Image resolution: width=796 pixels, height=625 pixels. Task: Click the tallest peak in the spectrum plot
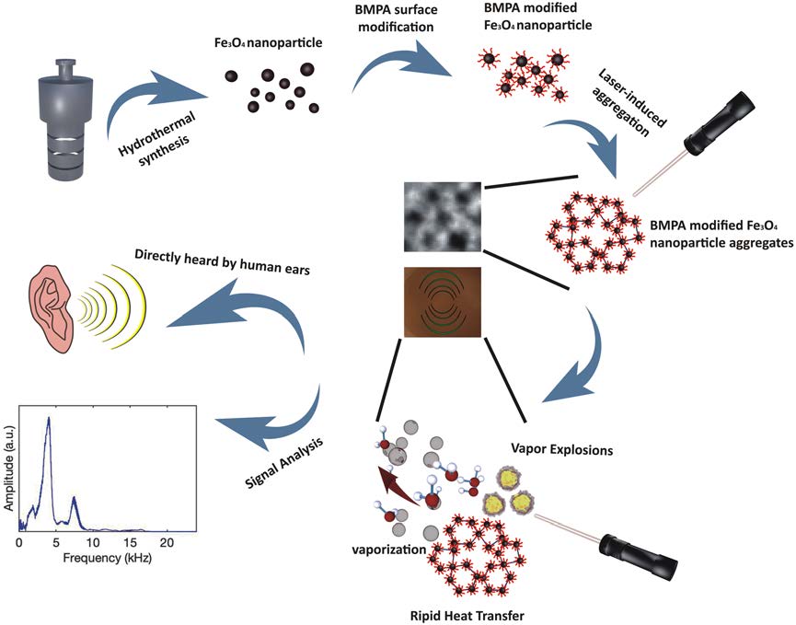pyautogui.click(x=49, y=419)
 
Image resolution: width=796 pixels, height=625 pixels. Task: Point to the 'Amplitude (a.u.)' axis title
pyautogui.click(x=8, y=466)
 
